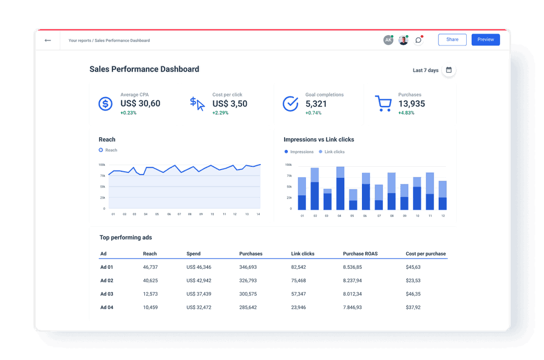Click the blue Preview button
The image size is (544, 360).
(x=485, y=40)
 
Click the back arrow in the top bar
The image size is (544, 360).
(x=48, y=40)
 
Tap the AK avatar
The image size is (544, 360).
(x=388, y=40)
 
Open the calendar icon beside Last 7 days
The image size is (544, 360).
(x=449, y=70)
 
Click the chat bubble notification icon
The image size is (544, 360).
(x=418, y=40)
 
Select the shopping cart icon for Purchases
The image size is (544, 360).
(x=383, y=103)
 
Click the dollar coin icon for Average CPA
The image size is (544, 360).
(x=105, y=103)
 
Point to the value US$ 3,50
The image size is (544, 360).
(x=230, y=104)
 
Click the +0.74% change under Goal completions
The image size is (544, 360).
(x=313, y=113)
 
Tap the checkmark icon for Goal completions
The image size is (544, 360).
(x=290, y=103)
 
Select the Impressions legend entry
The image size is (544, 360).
(x=299, y=152)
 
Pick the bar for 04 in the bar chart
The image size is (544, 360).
(x=340, y=188)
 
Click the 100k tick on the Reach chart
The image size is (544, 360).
(x=102, y=165)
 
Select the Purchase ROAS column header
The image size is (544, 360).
(x=360, y=254)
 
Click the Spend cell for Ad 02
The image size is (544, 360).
(x=199, y=280)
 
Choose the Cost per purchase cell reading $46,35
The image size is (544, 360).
(x=413, y=294)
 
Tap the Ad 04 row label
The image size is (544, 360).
(x=106, y=307)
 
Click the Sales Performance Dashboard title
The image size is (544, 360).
(x=144, y=69)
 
